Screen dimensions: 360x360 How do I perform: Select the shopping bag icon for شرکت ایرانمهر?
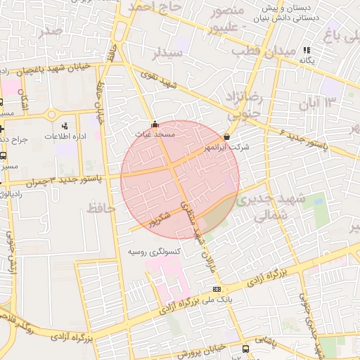pyautogui.click(x=226, y=136)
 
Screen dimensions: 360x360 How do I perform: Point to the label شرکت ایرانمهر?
pyautogui.click(x=225, y=147)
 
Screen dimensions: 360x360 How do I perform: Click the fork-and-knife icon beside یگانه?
pyautogui.click(x=307, y=50)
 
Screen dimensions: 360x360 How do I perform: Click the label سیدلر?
pyautogui.click(x=168, y=53)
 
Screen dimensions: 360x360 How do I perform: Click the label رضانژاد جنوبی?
pyautogui.click(x=243, y=101)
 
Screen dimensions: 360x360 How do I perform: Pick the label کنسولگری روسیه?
pyautogui.click(x=155, y=251)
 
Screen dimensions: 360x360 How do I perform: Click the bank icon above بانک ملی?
pyautogui.click(x=217, y=289)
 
